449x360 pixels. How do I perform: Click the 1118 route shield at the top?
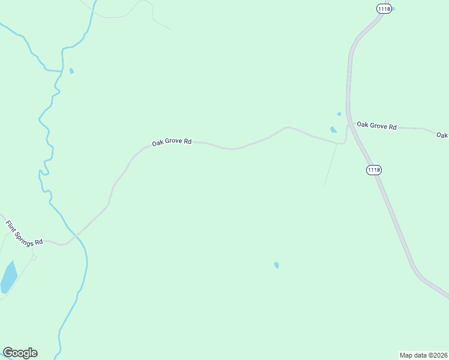(x=384, y=8)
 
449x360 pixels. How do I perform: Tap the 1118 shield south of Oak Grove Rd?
(x=373, y=170)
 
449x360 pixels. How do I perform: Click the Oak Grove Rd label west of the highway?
(x=172, y=142)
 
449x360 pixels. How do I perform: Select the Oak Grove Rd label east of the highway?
(x=376, y=126)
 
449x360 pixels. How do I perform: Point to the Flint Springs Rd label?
(x=25, y=233)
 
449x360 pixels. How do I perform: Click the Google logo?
(x=20, y=353)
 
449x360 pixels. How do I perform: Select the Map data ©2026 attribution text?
(x=423, y=355)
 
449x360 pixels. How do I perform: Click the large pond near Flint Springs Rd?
(x=8, y=277)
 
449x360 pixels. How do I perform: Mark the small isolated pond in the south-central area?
(x=276, y=265)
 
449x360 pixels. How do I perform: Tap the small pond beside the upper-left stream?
(x=72, y=71)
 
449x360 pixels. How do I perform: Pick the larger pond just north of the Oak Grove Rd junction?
(x=333, y=129)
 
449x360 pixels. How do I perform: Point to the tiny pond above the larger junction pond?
(x=339, y=114)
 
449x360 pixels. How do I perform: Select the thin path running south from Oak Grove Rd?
(x=330, y=165)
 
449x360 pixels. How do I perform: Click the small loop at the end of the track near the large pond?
(x=34, y=257)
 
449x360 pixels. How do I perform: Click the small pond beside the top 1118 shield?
(x=393, y=8)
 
